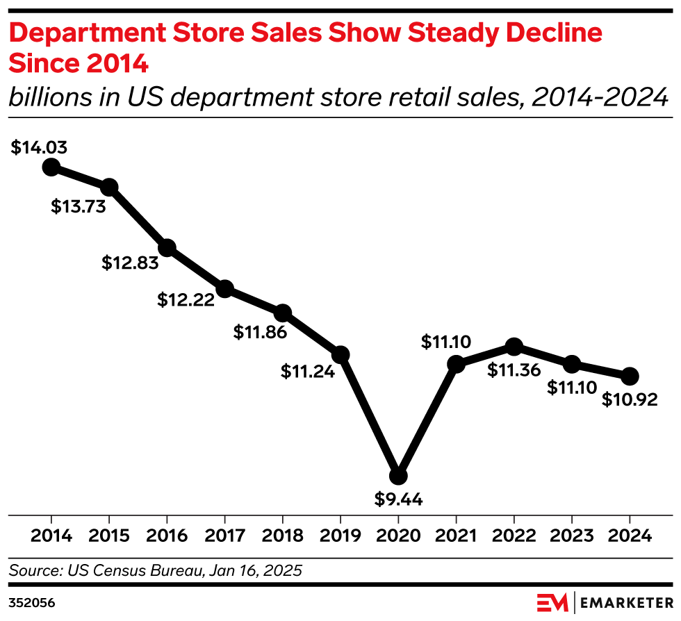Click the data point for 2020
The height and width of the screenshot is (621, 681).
398,476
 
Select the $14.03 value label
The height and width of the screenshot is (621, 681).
39,147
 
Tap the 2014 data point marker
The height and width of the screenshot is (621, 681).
51,167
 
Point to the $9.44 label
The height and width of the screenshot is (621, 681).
399,499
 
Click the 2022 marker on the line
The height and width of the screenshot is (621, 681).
514,347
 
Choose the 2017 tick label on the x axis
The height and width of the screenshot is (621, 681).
224,536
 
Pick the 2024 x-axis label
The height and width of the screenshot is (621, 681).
630,536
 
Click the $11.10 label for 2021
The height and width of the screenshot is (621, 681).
446,342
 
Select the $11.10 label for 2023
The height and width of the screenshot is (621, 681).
572,388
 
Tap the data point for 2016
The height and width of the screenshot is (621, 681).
167,248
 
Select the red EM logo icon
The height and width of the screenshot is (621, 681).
552,602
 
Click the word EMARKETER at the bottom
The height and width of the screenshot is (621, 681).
624,602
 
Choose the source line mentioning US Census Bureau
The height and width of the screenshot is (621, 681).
156,571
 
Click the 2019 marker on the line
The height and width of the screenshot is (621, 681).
340,355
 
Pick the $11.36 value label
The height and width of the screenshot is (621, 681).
514,370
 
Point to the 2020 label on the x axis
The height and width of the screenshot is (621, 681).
398,536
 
